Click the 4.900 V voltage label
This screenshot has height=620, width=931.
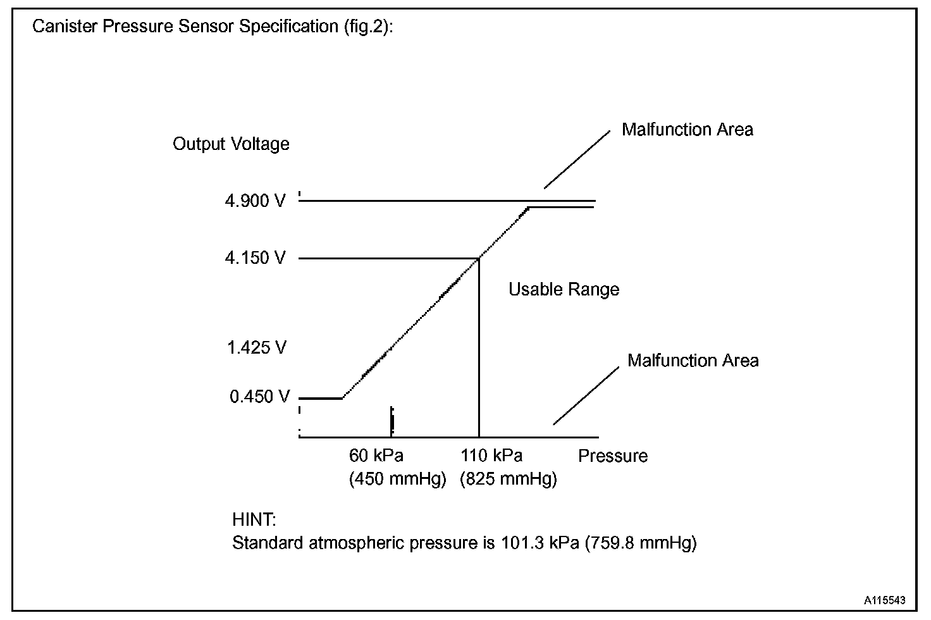pos(256,201)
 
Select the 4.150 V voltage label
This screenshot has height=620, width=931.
pos(256,258)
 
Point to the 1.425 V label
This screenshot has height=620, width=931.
pos(257,347)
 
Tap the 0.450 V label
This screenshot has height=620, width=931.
pos(259,397)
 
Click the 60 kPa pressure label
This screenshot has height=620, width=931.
pos(376,456)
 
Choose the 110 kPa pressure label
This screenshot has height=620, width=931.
pos(491,456)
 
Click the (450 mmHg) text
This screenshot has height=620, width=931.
pos(398,479)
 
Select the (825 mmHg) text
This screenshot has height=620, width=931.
pos(509,479)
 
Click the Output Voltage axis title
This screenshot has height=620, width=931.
pos(231,144)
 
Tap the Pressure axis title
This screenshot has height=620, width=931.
pos(613,456)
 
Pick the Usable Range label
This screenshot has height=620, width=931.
pos(564,290)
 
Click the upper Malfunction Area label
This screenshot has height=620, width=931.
pos(687,130)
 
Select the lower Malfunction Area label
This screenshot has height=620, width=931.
pos(693,361)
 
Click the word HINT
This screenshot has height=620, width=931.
pos(254,520)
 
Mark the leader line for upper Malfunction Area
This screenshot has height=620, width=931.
pos(577,159)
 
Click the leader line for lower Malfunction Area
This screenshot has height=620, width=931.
pos(586,395)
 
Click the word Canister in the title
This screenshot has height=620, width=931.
pos(60,27)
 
